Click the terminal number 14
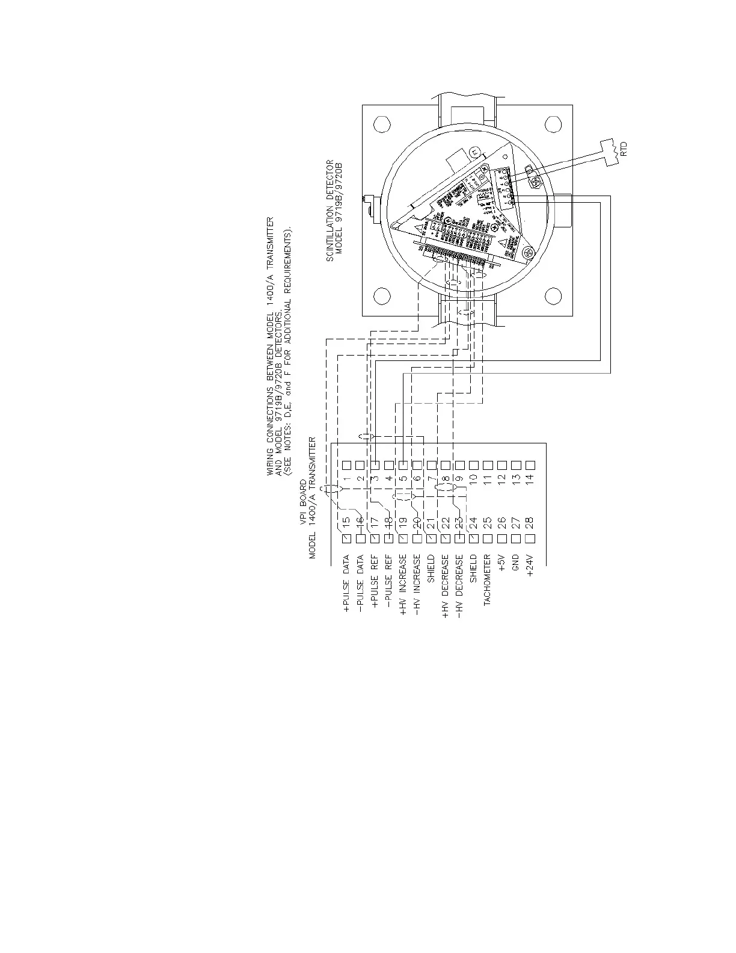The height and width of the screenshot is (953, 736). point(530,480)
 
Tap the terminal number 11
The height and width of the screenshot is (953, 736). point(487,480)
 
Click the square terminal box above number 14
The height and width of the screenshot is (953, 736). point(530,465)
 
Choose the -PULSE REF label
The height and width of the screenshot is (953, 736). point(388,584)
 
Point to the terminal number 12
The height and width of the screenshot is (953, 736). point(501,480)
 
